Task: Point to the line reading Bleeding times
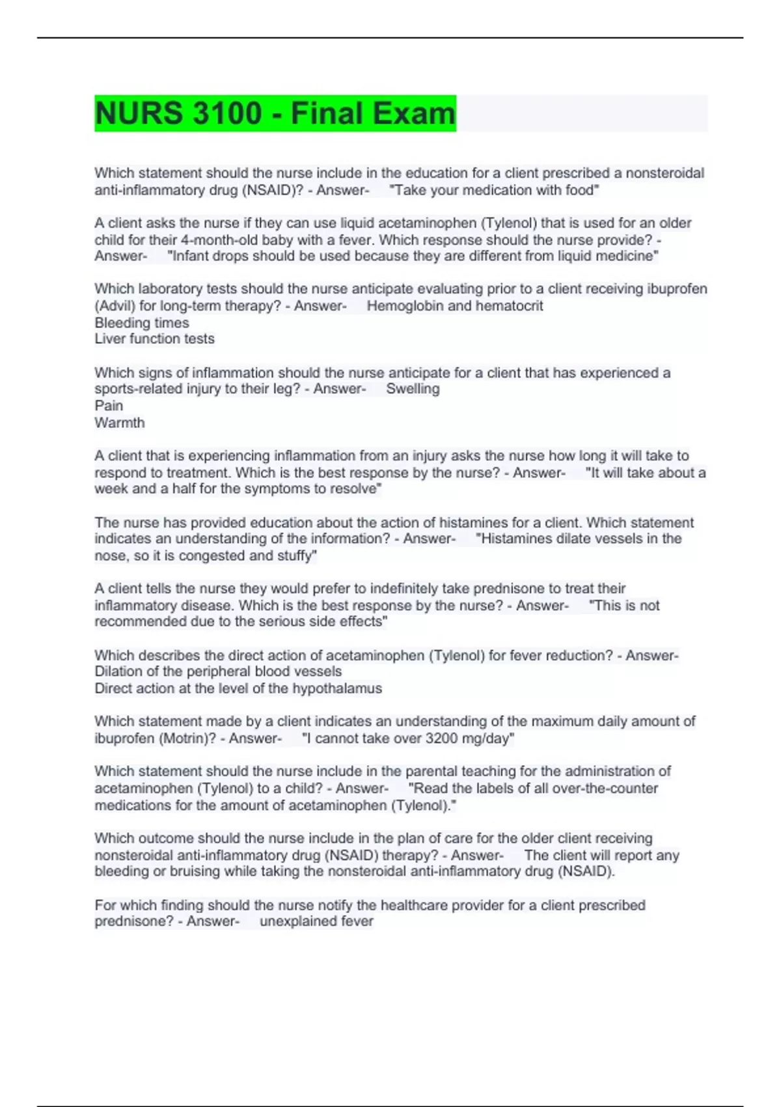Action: [x=142, y=322]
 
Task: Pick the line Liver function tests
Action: [x=154, y=339]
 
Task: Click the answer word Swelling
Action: [x=413, y=389]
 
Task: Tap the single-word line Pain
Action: [x=109, y=406]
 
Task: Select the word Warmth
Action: [x=120, y=423]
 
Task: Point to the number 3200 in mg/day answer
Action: [x=442, y=738]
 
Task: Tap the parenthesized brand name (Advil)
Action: [x=115, y=305]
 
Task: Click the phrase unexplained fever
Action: [x=316, y=921]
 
